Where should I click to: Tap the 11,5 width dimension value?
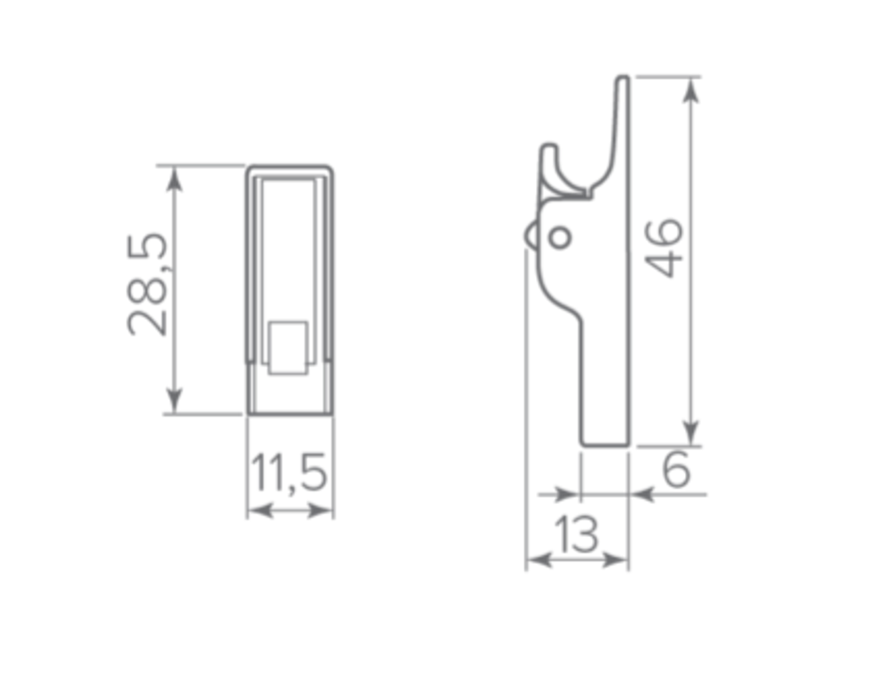289,474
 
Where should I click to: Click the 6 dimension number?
676,470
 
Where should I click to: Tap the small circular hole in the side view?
559,236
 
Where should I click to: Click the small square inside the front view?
288,347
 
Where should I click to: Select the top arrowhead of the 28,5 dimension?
175,175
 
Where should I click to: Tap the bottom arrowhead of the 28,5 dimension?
175,404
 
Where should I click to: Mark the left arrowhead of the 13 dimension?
536,561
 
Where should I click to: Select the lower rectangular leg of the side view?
604,390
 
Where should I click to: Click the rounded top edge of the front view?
290,167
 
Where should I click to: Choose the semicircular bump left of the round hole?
531,236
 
